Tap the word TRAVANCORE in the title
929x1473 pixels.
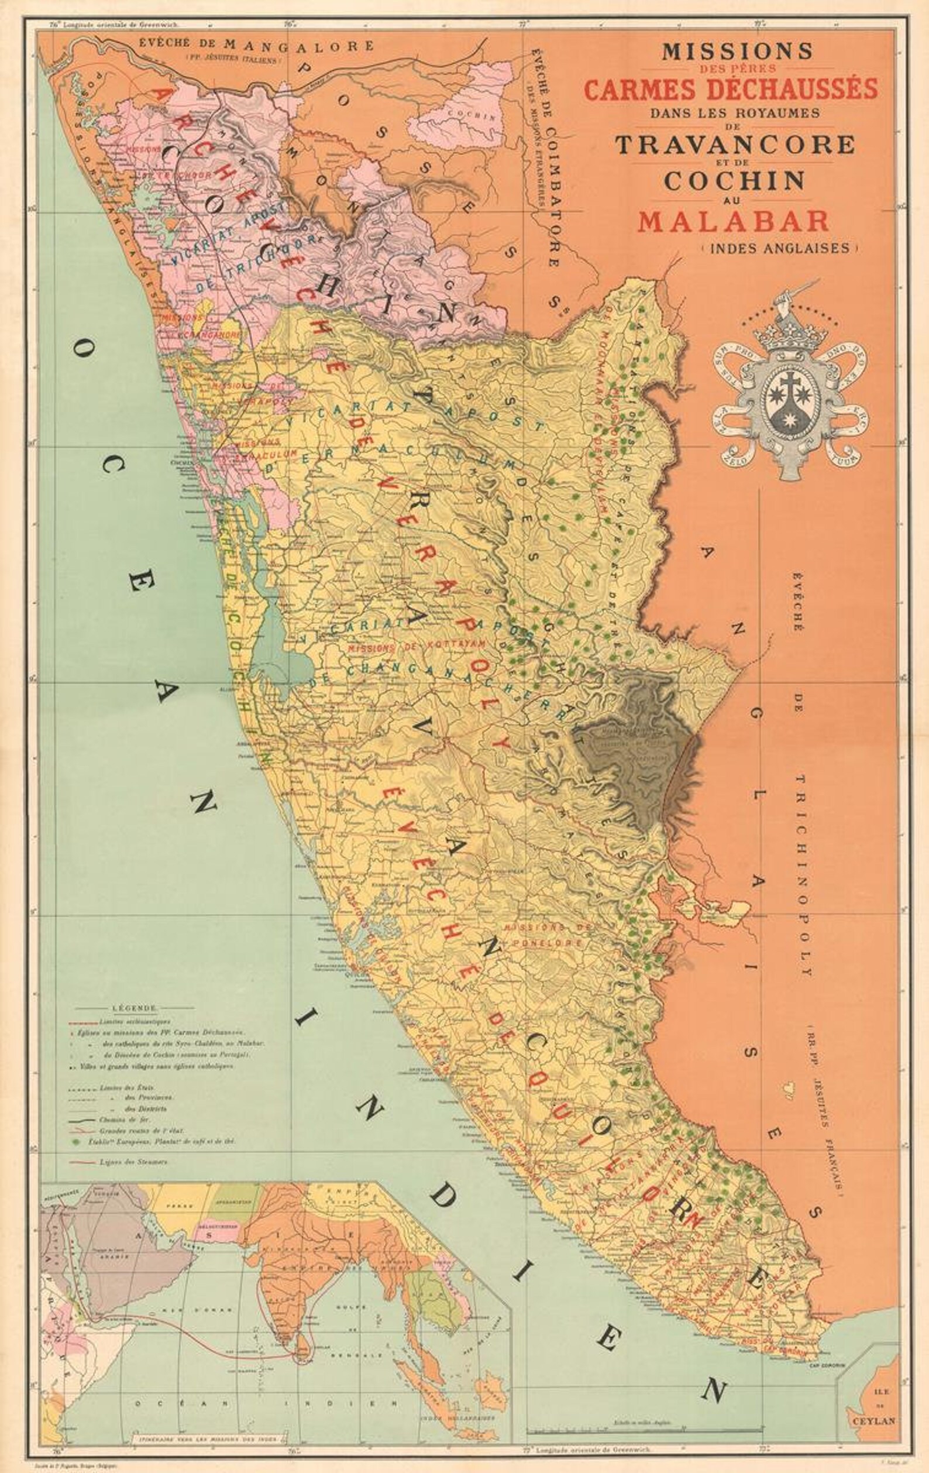(x=735, y=145)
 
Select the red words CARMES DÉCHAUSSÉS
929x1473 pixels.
(x=731, y=90)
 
